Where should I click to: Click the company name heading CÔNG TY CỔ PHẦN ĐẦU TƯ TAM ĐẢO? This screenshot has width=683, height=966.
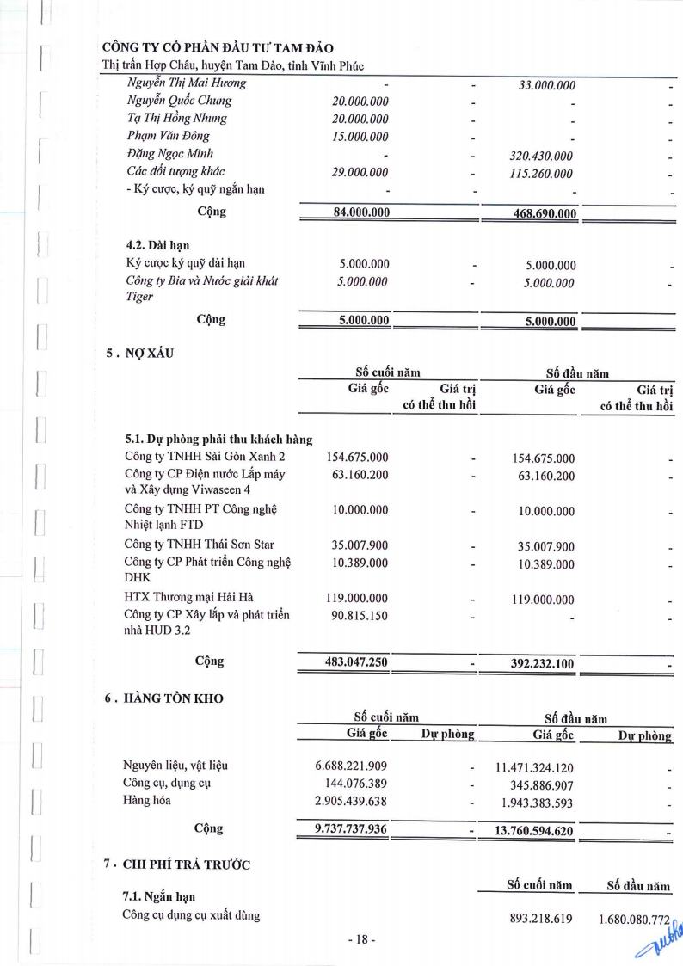(x=218, y=47)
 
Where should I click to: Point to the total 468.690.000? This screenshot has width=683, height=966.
(x=545, y=214)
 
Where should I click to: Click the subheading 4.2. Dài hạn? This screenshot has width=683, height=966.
(x=158, y=246)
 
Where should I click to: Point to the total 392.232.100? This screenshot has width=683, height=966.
(x=543, y=664)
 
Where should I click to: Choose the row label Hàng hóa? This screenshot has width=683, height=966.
(x=147, y=800)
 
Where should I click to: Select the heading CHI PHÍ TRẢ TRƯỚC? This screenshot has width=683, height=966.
(x=187, y=864)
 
